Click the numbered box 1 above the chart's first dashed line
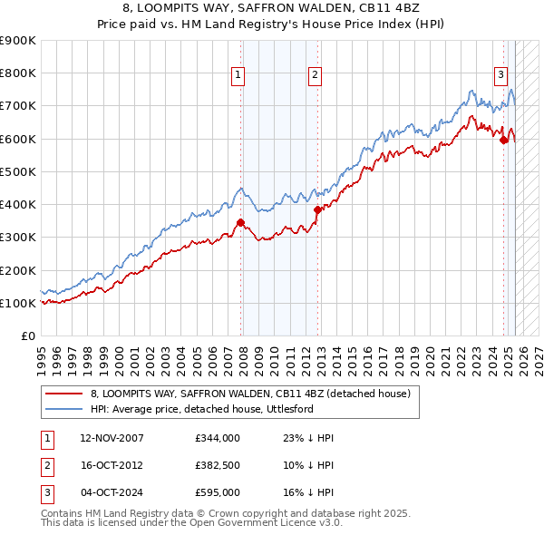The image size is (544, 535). tap(238, 76)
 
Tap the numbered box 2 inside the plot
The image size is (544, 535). tap(314, 76)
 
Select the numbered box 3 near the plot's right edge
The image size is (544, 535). tap(500, 76)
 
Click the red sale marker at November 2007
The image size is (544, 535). tap(240, 222)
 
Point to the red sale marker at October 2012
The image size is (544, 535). tap(317, 209)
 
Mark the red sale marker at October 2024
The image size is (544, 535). tap(503, 140)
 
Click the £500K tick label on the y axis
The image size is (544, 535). tap(18, 171)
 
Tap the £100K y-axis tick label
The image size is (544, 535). tap(18, 303)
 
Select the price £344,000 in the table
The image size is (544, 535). tap(217, 438)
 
